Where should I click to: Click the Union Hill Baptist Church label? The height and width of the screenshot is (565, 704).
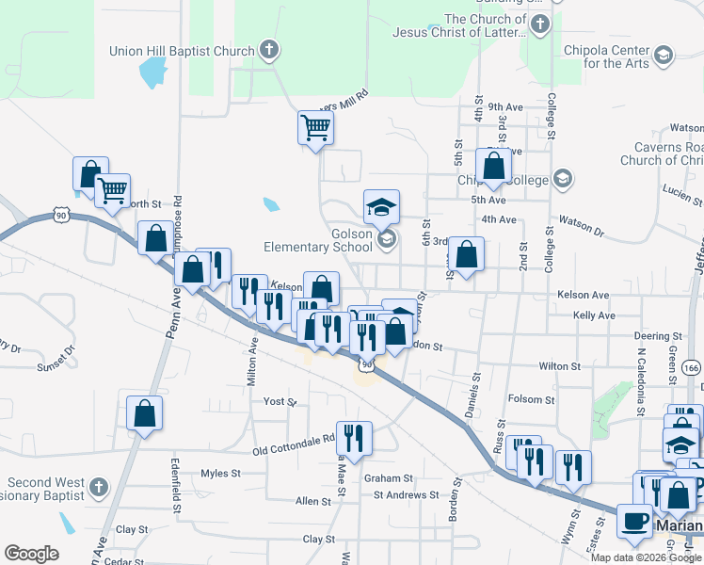pos(182,51)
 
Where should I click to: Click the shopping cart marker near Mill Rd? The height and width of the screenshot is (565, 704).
pos(315,127)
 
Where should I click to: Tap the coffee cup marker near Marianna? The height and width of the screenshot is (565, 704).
pos(634,521)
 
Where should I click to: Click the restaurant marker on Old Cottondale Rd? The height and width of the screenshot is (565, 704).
pos(353,436)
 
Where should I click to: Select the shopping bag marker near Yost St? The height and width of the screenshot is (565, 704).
pos(144,412)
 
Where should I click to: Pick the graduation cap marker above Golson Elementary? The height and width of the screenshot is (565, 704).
pos(381,206)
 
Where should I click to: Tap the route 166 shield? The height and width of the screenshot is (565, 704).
pos(693,365)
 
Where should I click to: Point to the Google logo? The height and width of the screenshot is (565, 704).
pos(31,554)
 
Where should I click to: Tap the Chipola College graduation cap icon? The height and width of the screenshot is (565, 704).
pos(563,179)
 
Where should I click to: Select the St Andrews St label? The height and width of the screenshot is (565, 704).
pos(406,494)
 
